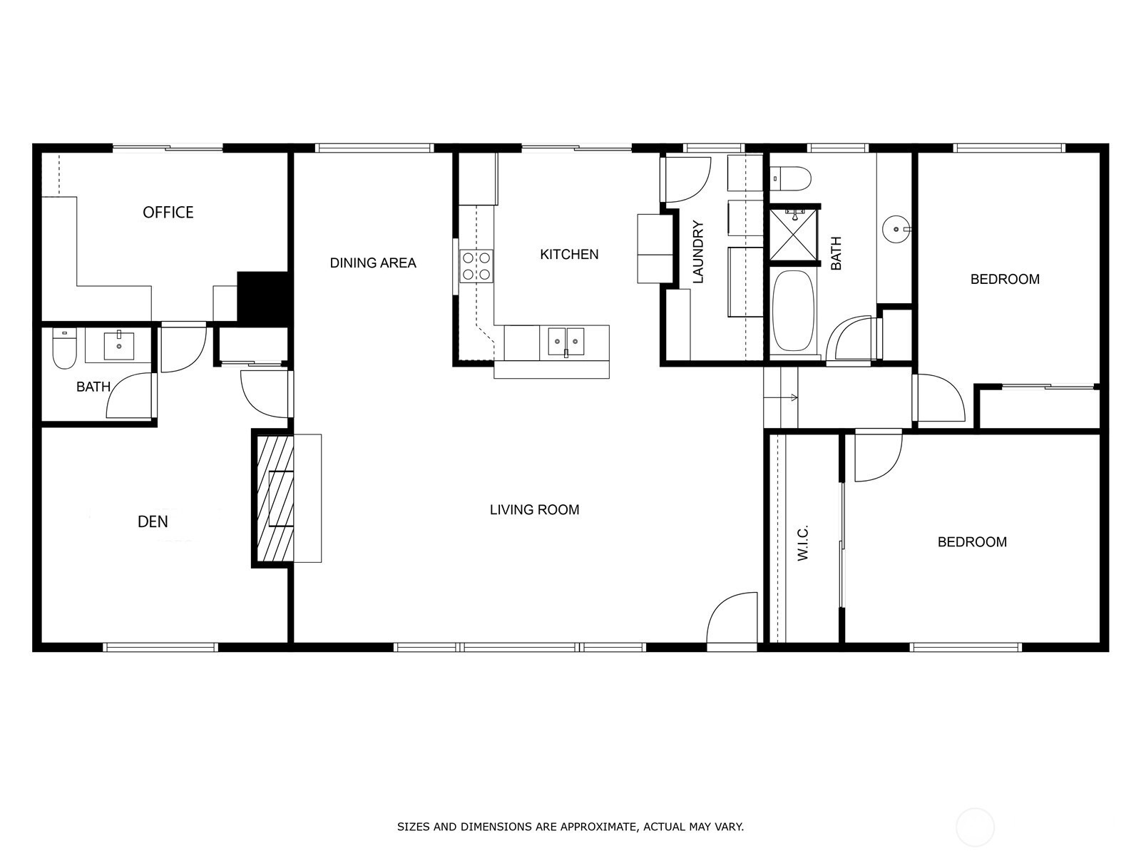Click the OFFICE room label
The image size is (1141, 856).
point(168,212)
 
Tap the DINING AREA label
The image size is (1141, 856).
point(373,263)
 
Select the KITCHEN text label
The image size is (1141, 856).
point(569,254)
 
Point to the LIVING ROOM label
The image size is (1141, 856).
point(534,509)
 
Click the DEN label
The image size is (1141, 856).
point(153,521)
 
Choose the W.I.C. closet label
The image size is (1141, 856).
point(803,543)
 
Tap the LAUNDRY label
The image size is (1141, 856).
point(698,252)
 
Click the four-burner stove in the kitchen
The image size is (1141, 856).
point(476,266)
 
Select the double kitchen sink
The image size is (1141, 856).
point(566,342)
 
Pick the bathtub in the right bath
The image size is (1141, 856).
point(793,311)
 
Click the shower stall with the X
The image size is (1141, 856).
point(793,233)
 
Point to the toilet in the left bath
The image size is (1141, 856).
point(64,349)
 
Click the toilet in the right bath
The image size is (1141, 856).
point(790,178)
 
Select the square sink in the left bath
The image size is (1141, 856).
point(119,346)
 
